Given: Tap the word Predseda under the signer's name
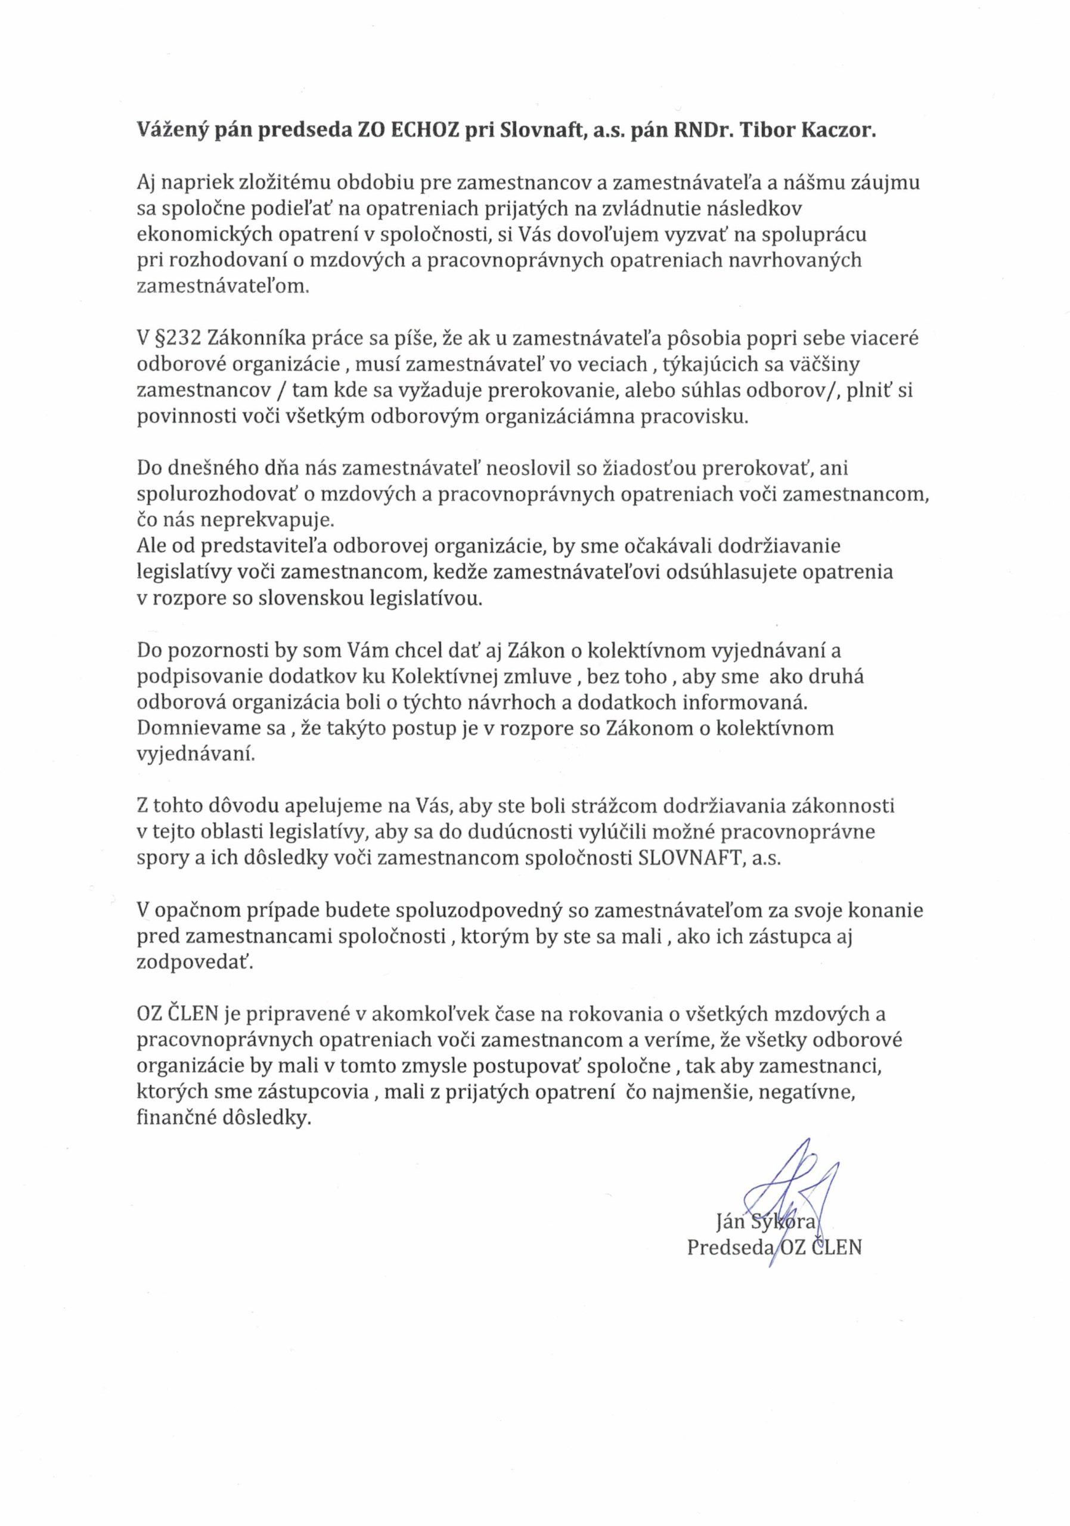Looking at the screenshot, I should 730,1247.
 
